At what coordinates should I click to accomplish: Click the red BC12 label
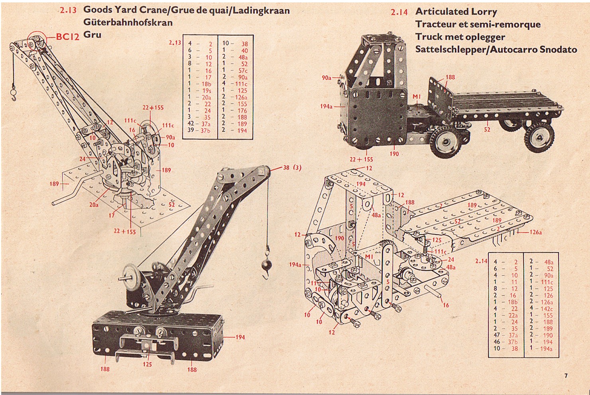click(x=68, y=37)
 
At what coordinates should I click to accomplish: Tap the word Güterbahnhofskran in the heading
click(x=128, y=22)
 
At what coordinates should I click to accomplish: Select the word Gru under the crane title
click(x=92, y=35)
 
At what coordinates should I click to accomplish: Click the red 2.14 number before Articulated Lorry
click(x=399, y=12)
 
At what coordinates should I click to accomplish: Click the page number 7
click(x=566, y=375)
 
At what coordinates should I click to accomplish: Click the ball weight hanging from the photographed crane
click(x=265, y=265)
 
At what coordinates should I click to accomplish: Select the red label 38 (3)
click(x=292, y=168)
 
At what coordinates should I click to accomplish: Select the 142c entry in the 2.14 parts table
click(x=546, y=308)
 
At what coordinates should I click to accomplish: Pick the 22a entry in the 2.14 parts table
click(x=513, y=315)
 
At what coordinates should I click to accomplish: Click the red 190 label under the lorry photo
click(x=394, y=154)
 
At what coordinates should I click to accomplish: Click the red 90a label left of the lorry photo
click(x=326, y=77)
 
